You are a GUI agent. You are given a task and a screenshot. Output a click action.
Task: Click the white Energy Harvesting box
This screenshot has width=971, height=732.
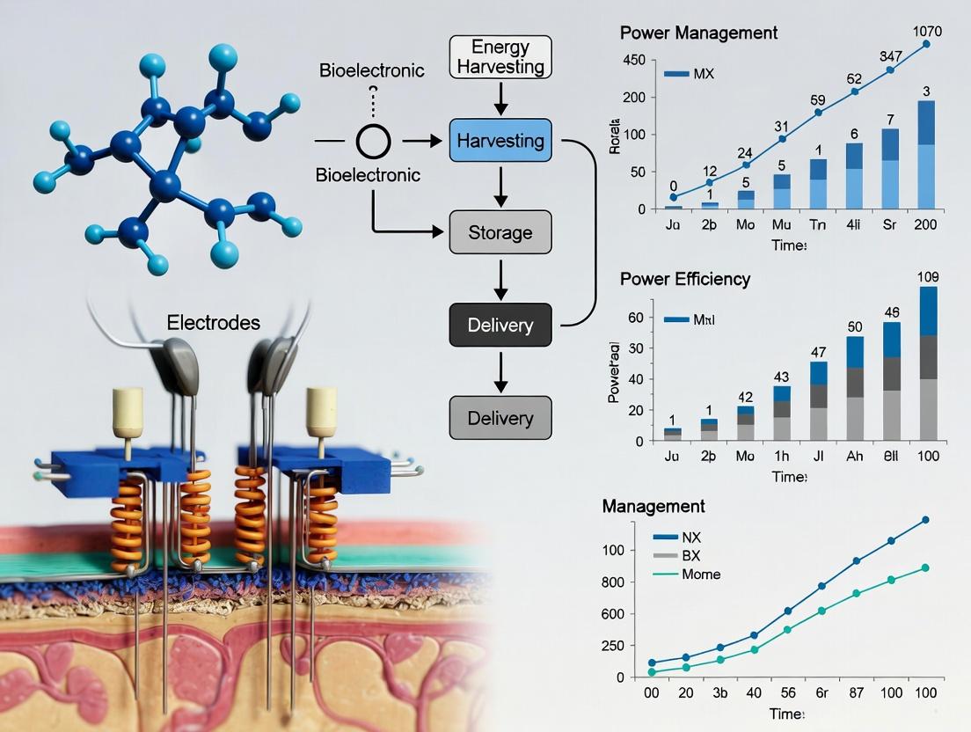coord(500,56)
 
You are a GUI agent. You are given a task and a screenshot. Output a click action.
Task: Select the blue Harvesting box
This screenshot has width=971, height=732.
coord(500,141)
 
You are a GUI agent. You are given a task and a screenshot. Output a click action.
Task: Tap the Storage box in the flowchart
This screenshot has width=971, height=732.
coord(500,233)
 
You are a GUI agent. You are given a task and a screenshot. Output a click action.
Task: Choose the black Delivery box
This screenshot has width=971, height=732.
coord(500,325)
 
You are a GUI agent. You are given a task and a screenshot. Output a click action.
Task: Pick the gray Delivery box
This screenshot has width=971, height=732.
coord(500,417)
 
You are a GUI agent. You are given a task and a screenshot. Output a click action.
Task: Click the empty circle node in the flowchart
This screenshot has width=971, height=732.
coord(373,141)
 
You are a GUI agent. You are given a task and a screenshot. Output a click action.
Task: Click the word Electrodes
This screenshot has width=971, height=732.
coord(214,323)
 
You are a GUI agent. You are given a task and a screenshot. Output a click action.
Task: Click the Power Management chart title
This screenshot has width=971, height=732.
coord(698,33)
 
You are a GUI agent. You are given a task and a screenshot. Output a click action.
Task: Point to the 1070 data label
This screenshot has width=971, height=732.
coord(927,32)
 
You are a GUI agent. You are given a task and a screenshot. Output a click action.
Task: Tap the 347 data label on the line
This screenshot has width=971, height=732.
coord(890,56)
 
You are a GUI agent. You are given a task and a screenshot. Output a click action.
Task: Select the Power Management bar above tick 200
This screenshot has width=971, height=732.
coord(926,155)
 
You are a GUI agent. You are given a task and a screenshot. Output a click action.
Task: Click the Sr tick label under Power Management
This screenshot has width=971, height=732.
coord(890,224)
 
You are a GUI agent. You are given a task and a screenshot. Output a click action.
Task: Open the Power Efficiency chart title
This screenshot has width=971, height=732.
coord(685,279)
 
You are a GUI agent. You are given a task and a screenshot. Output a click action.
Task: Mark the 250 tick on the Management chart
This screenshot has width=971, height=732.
coord(636,646)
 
